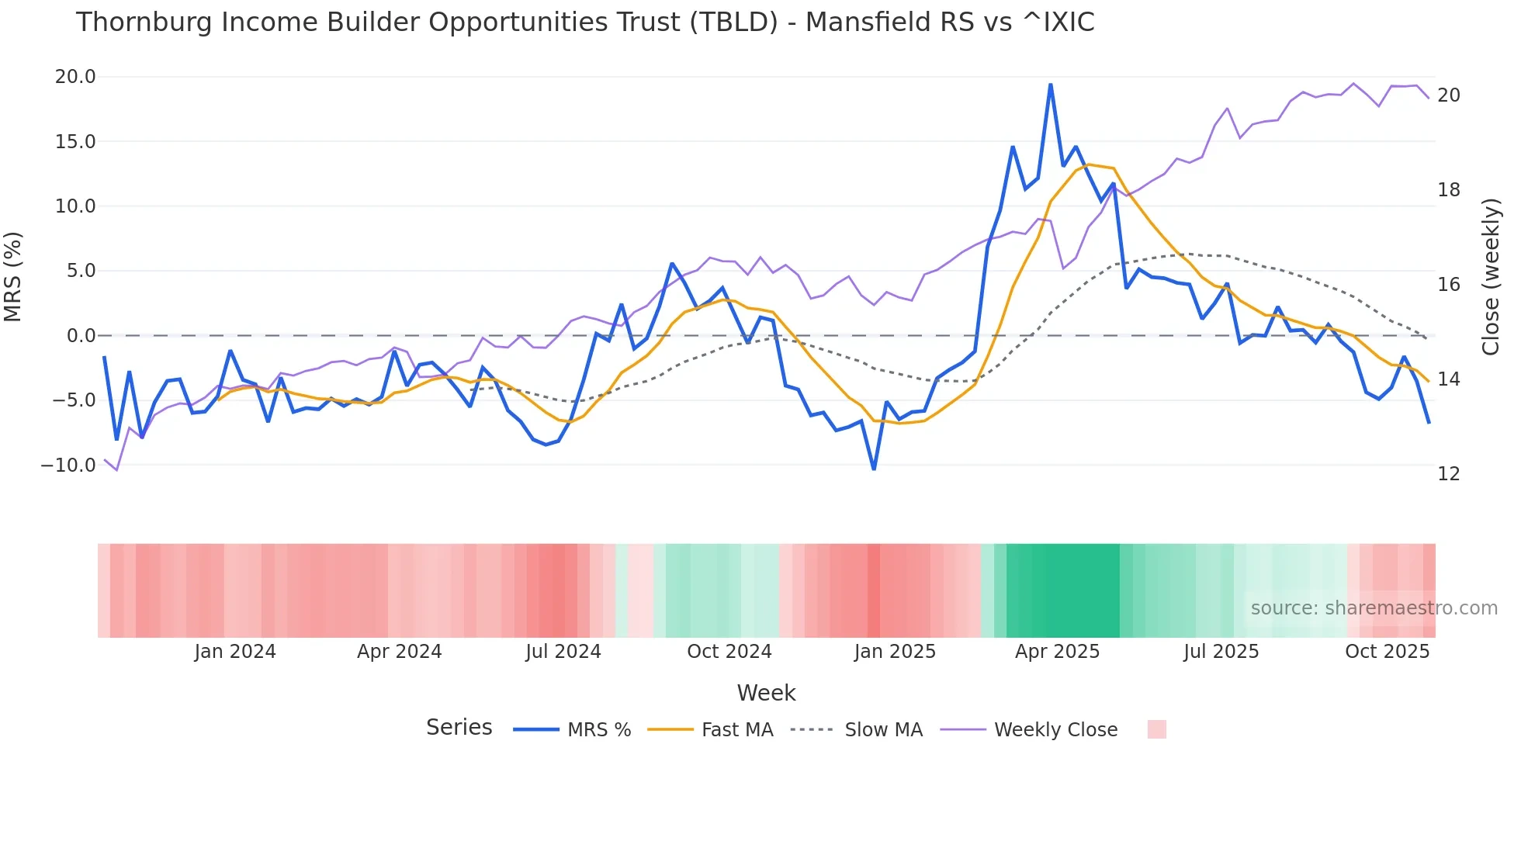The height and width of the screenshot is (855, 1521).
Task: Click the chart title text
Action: point(585,22)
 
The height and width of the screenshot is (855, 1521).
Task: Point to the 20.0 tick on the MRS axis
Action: point(75,77)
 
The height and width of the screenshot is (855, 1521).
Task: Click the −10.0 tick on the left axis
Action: point(68,466)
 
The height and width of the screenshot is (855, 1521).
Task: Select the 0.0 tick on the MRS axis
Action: point(81,336)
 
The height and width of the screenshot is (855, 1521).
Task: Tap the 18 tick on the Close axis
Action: point(1449,190)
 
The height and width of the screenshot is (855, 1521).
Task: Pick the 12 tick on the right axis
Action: point(1449,474)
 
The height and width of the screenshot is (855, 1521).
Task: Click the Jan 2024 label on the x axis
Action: point(235,652)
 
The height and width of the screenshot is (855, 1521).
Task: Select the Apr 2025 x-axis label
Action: point(1057,652)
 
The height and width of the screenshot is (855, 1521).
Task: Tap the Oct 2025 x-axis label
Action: point(1387,652)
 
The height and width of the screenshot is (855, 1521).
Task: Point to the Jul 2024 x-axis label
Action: point(563,652)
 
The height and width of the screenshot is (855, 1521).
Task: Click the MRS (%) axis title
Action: point(13,277)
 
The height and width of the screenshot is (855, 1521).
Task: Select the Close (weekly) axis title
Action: point(1491,277)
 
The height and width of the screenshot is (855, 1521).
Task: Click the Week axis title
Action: point(766,693)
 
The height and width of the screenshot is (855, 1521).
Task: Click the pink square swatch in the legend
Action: point(1156,729)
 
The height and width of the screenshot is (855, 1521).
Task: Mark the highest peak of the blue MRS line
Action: point(1050,85)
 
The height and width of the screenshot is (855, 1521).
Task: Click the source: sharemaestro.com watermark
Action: point(1374,608)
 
